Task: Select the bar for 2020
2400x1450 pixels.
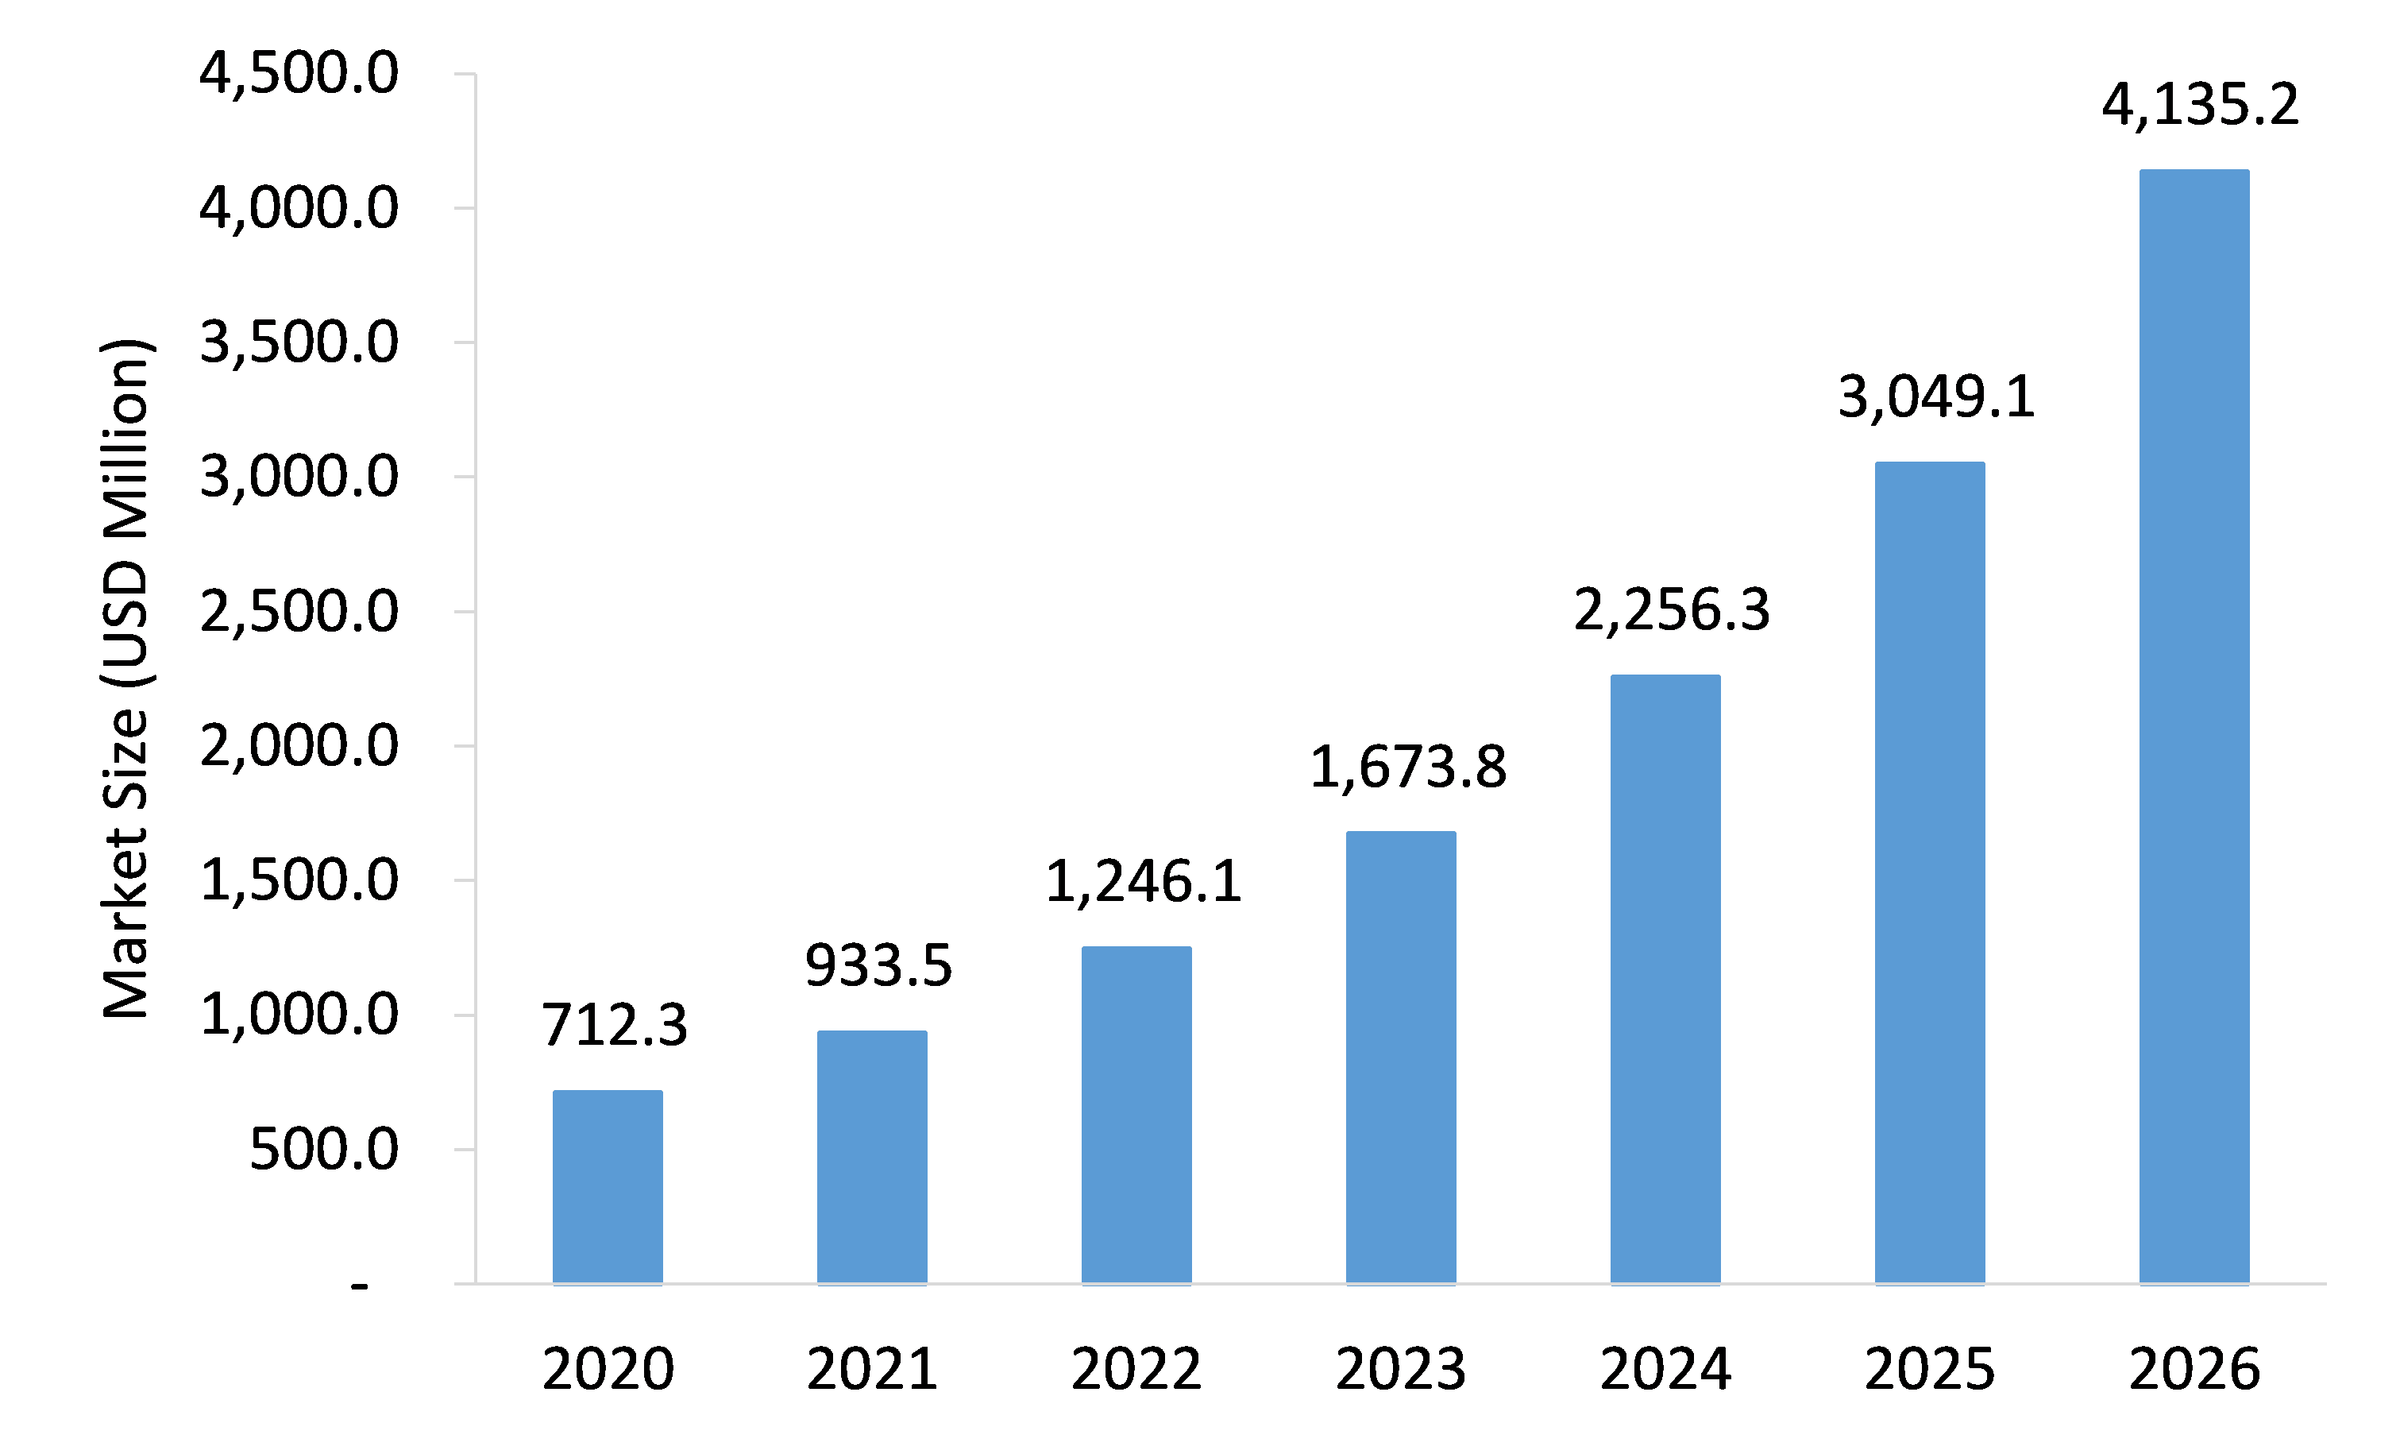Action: coord(608,1187)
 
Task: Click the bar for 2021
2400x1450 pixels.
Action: coord(872,1158)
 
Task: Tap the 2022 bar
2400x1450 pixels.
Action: coord(1136,1115)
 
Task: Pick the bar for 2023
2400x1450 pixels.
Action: coord(1401,1058)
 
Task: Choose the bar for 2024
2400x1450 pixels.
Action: coord(1665,980)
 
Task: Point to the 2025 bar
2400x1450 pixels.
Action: coord(1930,873)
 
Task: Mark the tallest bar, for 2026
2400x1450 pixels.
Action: coord(2194,727)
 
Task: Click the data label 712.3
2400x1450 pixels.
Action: coord(615,1024)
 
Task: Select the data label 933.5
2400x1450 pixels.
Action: coord(878,965)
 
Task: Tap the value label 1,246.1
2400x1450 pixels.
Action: coord(1144,882)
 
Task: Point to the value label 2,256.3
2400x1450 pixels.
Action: coord(1673,610)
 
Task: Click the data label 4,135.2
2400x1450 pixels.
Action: coord(2201,104)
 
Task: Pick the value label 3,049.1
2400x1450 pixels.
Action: coord(1936,396)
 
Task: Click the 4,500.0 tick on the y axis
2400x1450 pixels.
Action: coord(299,73)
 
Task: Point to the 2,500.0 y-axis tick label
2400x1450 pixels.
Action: coord(299,612)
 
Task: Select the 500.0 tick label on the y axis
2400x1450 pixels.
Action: coord(324,1149)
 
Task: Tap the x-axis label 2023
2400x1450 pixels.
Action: coord(1401,1369)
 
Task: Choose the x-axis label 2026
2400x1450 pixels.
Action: coord(2194,1369)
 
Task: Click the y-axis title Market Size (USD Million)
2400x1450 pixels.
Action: coord(126,679)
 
